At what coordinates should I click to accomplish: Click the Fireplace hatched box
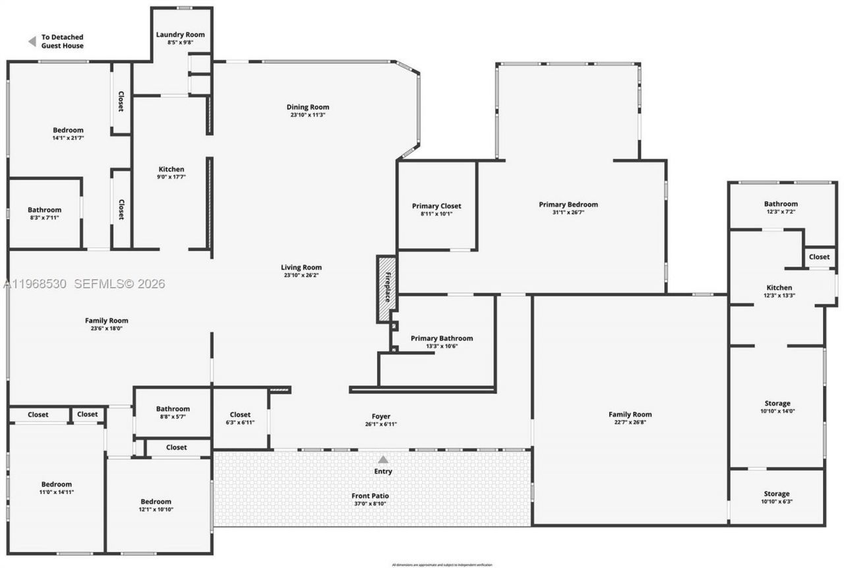[x=386, y=288]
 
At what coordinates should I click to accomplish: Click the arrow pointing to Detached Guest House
[x=31, y=42]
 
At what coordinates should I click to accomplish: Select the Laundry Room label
[x=180, y=34]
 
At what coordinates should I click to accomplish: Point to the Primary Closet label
[x=437, y=206]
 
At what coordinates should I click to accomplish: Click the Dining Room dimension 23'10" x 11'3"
[x=307, y=115]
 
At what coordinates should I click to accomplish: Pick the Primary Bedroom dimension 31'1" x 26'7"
[x=568, y=212]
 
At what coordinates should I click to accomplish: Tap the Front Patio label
[x=370, y=495]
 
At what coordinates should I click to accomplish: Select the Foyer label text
[x=381, y=416]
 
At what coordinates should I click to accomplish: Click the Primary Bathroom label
[x=441, y=338]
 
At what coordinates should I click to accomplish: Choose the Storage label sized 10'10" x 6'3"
[x=776, y=493]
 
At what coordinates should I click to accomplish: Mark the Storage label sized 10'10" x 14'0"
[x=776, y=403]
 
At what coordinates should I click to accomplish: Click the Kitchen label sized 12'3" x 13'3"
[x=779, y=288]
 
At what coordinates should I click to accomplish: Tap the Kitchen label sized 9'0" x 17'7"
[x=171, y=170]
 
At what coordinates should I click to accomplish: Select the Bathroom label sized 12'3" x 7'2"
[x=781, y=204]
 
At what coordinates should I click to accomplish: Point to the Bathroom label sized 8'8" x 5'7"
[x=173, y=409]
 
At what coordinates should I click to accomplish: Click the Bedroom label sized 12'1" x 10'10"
[x=156, y=501]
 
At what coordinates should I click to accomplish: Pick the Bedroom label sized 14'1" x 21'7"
[x=68, y=130]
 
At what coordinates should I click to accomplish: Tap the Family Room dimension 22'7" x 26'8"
[x=630, y=422]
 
